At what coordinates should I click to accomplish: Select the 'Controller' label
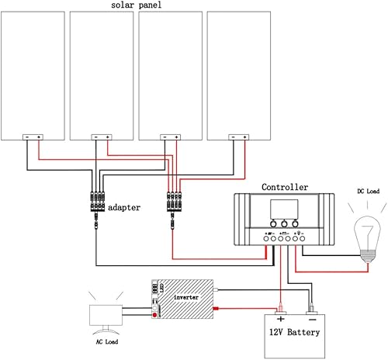(x=284, y=188)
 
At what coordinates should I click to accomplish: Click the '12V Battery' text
(x=293, y=332)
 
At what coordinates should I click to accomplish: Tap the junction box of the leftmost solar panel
(x=33, y=137)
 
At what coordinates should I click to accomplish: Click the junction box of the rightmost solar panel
(x=238, y=137)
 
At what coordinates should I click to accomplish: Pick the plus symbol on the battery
(x=279, y=319)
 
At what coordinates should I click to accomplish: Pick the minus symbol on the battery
(x=310, y=319)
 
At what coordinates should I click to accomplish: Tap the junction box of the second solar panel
(x=101, y=137)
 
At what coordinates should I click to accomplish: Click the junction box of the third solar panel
(x=170, y=137)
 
